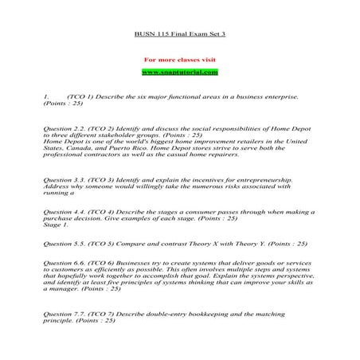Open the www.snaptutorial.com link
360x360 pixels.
point(179,72)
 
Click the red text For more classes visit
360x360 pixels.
point(179,60)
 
